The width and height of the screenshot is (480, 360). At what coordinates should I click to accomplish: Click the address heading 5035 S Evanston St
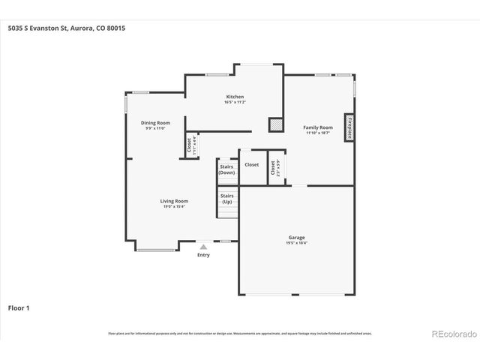pos(66,28)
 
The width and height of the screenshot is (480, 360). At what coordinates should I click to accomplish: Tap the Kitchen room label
pos(235,97)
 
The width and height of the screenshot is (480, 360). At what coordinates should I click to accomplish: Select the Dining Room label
pos(155,122)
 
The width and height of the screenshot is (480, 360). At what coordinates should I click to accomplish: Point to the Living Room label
pos(173,200)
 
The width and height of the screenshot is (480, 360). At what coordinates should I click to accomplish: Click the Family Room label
pos(316,127)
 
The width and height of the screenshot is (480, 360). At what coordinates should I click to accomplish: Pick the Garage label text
pos(296,238)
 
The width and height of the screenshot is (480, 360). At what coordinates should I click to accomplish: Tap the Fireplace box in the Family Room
pos(349,127)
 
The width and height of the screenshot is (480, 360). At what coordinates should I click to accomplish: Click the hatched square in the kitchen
pos(276,125)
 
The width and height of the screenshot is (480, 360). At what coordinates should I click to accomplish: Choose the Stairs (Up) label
pos(226,199)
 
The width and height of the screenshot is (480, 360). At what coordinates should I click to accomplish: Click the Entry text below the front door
pos(203,255)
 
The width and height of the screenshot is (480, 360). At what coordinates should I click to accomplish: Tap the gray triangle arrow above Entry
pos(203,246)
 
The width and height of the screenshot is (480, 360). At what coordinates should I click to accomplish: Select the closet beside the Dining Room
pos(193,145)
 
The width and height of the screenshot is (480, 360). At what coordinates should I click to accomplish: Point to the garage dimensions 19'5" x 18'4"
pos(296,243)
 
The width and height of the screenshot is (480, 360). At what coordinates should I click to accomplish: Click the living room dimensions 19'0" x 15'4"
pos(173,206)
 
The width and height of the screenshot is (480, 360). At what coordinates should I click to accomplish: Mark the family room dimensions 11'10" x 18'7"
pos(316,133)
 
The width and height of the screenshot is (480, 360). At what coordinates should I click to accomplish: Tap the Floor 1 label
pos(19,307)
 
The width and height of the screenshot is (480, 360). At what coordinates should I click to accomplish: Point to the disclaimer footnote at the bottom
pos(240,333)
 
